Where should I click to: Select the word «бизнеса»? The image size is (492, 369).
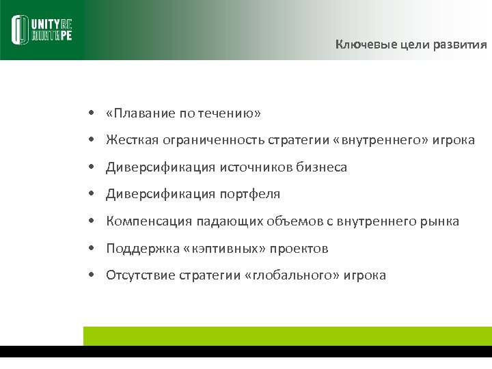[322, 167]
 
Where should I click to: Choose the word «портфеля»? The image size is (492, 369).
[249, 195]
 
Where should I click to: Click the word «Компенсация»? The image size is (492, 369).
[149, 221]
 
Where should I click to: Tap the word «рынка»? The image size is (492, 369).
[441, 221]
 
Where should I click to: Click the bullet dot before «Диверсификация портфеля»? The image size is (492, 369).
[90, 195]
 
